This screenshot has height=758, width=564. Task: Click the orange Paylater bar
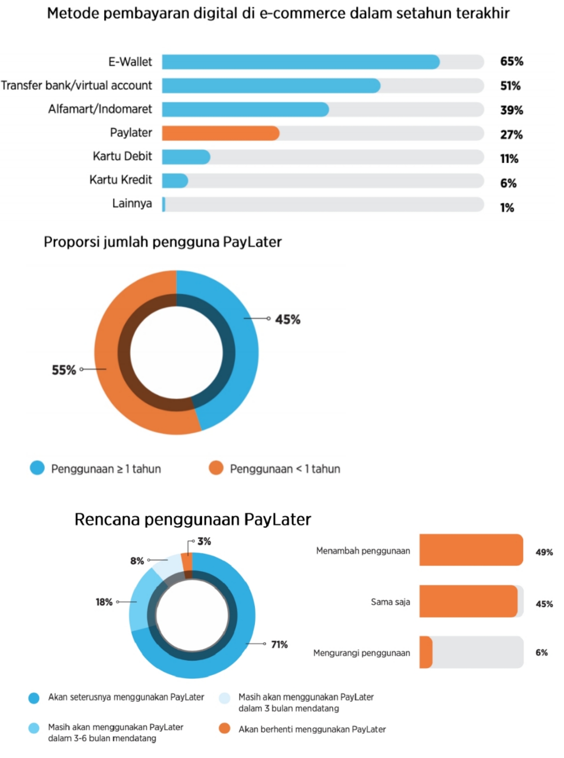(x=221, y=133)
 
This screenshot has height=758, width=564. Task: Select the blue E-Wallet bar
(x=300, y=62)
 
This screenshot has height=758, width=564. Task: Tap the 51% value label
(x=510, y=86)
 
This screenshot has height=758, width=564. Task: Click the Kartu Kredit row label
(x=120, y=180)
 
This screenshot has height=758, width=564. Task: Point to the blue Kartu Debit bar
(x=186, y=157)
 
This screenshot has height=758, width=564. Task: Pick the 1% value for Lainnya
(x=507, y=207)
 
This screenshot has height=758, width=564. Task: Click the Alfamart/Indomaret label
(x=100, y=109)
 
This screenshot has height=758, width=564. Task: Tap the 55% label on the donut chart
(x=64, y=370)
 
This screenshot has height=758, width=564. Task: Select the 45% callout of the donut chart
(x=288, y=319)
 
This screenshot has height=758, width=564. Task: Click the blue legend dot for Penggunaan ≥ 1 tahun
(x=37, y=468)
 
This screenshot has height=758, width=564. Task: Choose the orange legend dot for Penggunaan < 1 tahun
(x=216, y=468)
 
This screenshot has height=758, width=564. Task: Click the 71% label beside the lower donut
(x=279, y=644)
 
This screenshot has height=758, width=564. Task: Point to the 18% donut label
(x=104, y=602)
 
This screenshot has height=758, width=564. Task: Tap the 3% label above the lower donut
(x=204, y=541)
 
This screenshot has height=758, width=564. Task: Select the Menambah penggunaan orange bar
(x=471, y=550)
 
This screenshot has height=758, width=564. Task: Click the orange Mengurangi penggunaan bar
(x=426, y=652)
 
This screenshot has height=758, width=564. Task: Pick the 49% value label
(x=544, y=552)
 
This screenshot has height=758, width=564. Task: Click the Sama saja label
(x=390, y=602)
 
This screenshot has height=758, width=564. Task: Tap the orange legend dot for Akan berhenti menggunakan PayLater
(x=225, y=729)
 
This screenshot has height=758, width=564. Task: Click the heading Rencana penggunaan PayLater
(x=193, y=520)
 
